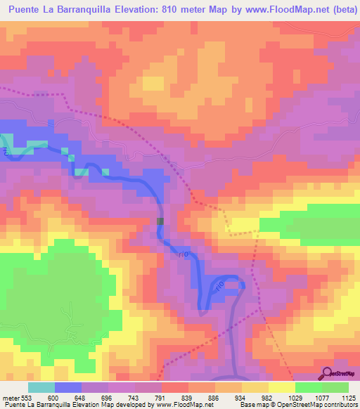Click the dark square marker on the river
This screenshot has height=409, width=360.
(161, 221)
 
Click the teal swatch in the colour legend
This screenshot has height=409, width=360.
(41, 387)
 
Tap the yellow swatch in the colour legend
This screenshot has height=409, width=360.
(281, 387)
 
